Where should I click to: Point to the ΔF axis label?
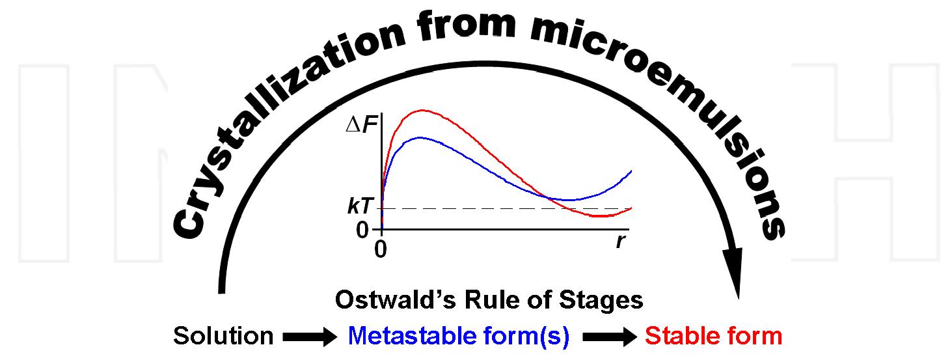click(362, 124)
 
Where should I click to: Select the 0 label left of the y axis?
click(362, 230)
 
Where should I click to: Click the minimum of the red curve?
click(602, 215)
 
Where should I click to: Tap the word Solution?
click(223, 336)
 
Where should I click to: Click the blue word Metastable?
click(418, 336)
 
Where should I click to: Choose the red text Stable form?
click(713, 336)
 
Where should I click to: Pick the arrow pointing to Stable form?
click(610, 337)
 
